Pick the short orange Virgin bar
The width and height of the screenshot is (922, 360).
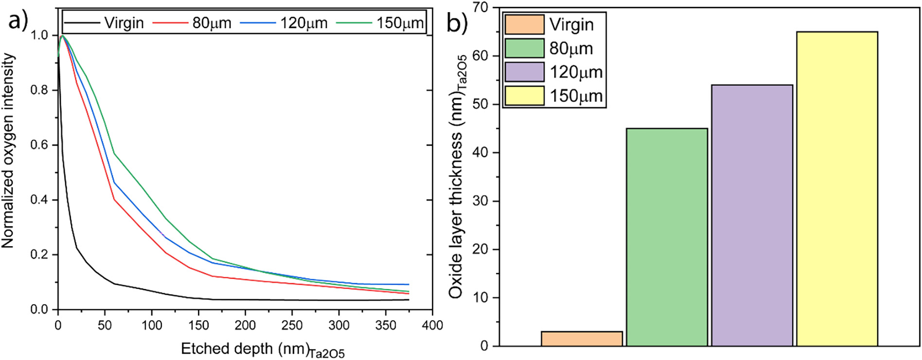pyautogui.click(x=582, y=339)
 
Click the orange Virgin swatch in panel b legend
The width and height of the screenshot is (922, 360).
pyautogui.click(x=524, y=24)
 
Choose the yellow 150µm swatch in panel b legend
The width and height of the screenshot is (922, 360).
pyautogui.click(x=524, y=96)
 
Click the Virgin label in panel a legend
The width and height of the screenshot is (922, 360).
pyautogui.click(x=124, y=23)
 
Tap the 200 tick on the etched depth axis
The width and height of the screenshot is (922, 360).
pyautogui.click(x=245, y=325)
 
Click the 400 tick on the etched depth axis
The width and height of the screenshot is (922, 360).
pyautogui.click(x=432, y=325)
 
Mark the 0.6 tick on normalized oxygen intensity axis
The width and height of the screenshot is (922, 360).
pyautogui.click(x=39, y=145)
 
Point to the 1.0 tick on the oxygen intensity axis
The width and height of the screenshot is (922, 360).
pyautogui.click(x=39, y=36)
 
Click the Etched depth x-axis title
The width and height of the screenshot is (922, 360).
pyautogui.click(x=263, y=350)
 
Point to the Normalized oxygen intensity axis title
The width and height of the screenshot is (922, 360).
pyautogui.click(x=8, y=151)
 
